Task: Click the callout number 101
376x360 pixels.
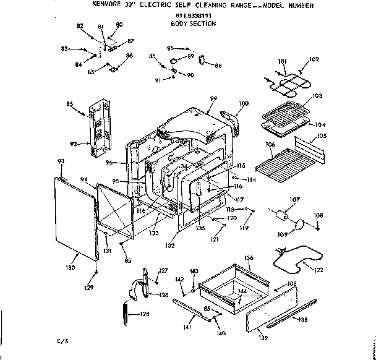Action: pyautogui.click(x=282, y=61)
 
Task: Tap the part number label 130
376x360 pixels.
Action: pyautogui.click(x=70, y=267)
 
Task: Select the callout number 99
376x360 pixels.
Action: pyautogui.click(x=213, y=99)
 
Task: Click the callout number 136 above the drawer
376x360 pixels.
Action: pyautogui.click(x=249, y=257)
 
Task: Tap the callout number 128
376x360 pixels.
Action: pyautogui.click(x=144, y=314)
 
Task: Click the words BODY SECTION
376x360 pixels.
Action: pyautogui.click(x=192, y=24)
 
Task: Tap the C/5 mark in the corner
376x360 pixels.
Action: pyautogui.click(x=61, y=341)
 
